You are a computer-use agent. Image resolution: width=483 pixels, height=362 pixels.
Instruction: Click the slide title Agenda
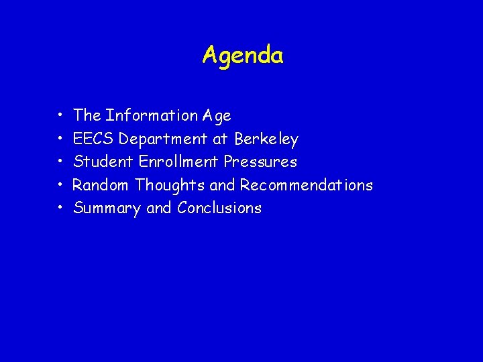click(243, 55)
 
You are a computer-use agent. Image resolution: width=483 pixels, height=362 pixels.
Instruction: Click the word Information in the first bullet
click(152, 115)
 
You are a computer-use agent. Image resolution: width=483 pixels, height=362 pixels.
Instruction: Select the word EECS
click(94, 139)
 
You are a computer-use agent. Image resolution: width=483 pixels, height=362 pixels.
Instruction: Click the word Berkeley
click(266, 139)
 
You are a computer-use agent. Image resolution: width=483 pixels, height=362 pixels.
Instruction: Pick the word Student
click(103, 162)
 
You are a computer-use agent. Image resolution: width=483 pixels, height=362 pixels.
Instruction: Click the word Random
click(101, 184)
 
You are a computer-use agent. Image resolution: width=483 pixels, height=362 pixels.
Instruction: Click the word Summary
click(107, 208)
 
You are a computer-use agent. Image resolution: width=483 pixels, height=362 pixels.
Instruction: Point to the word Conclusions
click(219, 208)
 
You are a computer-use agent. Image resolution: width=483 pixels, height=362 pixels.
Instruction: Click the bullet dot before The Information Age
click(60, 117)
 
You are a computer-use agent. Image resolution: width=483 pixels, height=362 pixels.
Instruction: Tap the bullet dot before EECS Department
click(60, 139)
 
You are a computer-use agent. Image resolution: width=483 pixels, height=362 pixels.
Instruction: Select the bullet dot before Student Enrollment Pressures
click(60, 162)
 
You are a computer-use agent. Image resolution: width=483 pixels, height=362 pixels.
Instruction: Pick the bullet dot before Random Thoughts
click(60, 185)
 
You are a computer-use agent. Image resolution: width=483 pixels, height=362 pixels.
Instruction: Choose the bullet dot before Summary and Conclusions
click(60, 208)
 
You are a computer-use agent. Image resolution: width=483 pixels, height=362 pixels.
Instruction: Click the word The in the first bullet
click(87, 115)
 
